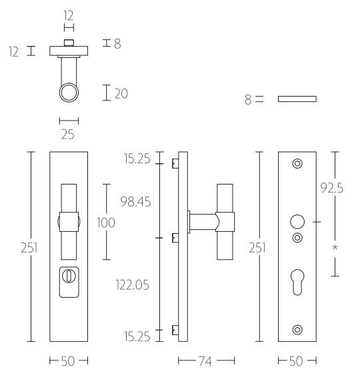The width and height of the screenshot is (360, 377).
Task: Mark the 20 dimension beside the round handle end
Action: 121,94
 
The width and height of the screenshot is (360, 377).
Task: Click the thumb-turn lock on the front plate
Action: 68,276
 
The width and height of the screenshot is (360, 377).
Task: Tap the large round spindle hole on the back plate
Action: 297,222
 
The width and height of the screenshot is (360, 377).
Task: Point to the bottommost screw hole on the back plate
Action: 297,328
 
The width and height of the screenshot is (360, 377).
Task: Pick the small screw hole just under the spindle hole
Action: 297,237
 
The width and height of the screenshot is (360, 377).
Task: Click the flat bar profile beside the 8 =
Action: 297,99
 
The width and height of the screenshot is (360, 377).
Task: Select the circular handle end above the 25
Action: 69,93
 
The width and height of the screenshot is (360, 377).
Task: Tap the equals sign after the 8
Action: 259,99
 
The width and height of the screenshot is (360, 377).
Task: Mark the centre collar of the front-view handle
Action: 69,220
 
